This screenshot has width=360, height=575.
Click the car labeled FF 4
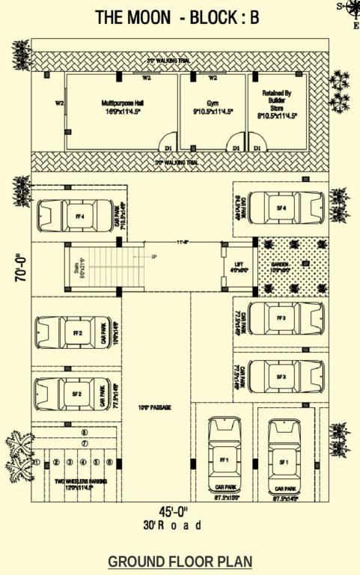(x=75, y=216)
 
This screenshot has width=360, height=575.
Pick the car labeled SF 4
(x=284, y=207)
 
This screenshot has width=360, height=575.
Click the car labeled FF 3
(x=284, y=318)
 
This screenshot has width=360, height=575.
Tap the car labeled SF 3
(x=284, y=376)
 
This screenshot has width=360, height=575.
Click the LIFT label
(x=239, y=265)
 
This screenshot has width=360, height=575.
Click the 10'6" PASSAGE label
(x=155, y=407)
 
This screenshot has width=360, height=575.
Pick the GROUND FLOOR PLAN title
(x=180, y=561)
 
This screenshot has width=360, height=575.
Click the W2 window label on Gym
(x=213, y=77)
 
